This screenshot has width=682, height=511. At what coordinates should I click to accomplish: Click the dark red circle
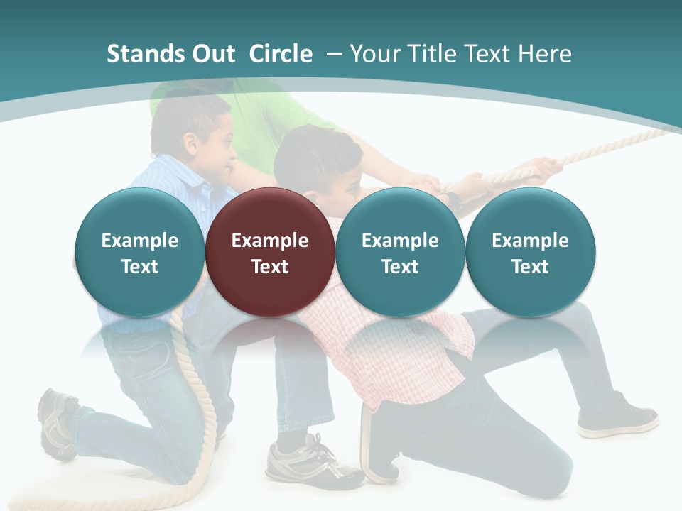point(270,252)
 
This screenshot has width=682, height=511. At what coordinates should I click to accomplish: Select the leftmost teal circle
point(139,252)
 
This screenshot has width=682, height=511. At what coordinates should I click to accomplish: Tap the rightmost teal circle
point(530,252)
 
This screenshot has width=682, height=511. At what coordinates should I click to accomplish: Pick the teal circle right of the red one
point(400,252)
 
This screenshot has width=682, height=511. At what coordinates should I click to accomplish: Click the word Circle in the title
point(281,54)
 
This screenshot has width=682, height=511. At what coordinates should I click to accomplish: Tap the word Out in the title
point(212,54)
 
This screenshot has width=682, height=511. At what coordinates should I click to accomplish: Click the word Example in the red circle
point(270,241)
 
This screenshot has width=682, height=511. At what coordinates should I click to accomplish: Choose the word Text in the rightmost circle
point(530,267)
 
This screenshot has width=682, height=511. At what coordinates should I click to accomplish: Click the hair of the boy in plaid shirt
point(313,153)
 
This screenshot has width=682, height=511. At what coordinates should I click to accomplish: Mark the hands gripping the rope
point(543,168)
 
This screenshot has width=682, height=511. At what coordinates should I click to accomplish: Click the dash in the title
point(332,54)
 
